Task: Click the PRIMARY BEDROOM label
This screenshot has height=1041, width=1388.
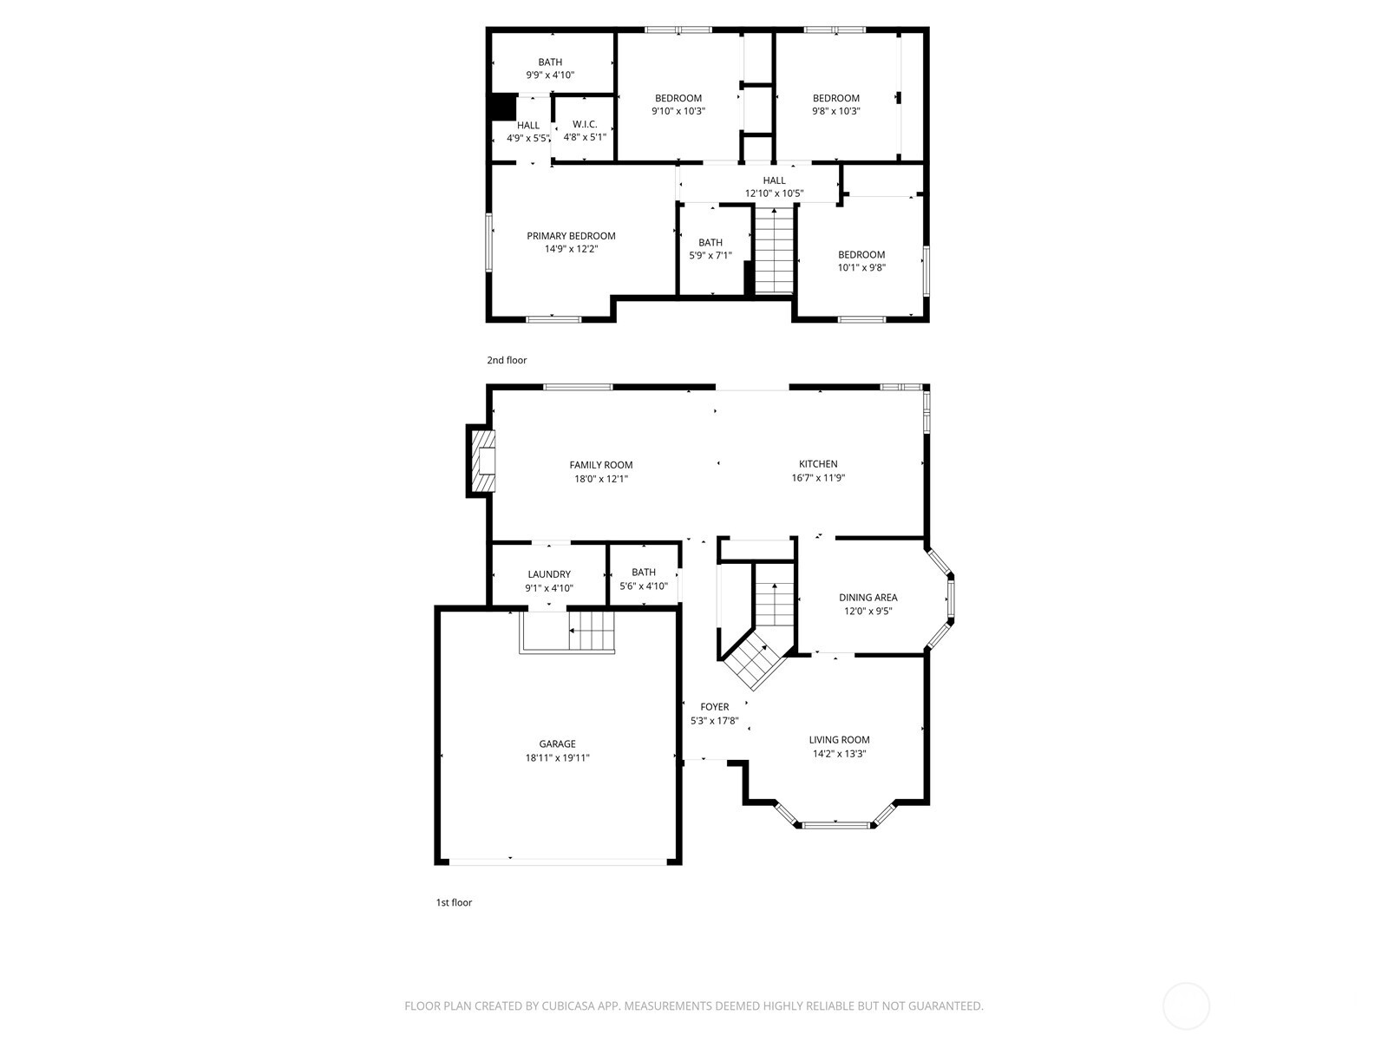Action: [x=571, y=236]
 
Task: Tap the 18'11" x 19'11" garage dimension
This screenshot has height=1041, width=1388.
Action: [x=557, y=757]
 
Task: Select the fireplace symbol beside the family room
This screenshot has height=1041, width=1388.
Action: [x=482, y=461]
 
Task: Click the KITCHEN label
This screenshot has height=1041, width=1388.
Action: [x=818, y=464]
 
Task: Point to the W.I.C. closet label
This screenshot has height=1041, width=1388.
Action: [x=584, y=124]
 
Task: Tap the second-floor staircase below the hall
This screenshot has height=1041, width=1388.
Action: [x=774, y=250]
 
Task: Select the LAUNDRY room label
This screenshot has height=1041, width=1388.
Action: [x=549, y=574]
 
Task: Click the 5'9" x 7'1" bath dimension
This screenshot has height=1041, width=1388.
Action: [x=710, y=255]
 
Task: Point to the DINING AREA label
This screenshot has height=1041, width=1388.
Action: [x=867, y=598]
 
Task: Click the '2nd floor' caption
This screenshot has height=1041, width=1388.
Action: [x=507, y=360]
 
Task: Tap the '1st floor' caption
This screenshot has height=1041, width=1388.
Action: [x=454, y=902]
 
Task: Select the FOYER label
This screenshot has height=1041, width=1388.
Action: [x=714, y=707]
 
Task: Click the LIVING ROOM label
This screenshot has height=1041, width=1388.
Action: [x=839, y=740]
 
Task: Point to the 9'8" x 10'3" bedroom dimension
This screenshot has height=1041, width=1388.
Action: [x=835, y=111]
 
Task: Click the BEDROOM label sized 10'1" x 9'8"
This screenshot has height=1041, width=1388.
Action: [x=861, y=255]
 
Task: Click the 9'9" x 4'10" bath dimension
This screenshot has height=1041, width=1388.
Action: [x=550, y=75]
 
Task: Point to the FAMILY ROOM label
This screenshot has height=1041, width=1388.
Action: [x=601, y=465]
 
